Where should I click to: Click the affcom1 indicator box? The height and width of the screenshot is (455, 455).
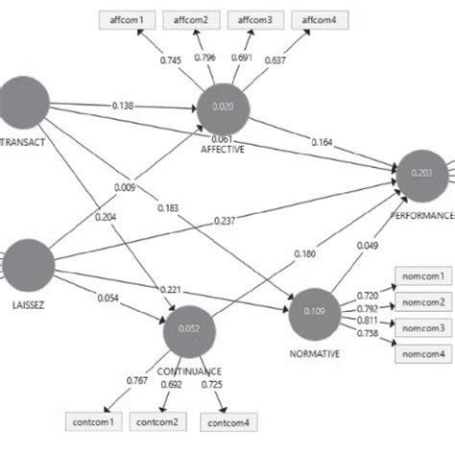pyautogui.click(x=129, y=18)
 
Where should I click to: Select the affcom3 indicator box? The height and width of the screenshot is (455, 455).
pyautogui.click(x=253, y=18)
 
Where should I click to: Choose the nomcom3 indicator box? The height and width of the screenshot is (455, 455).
pyautogui.click(x=423, y=328)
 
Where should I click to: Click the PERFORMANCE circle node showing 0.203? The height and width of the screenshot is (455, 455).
pyautogui.click(x=423, y=174)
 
